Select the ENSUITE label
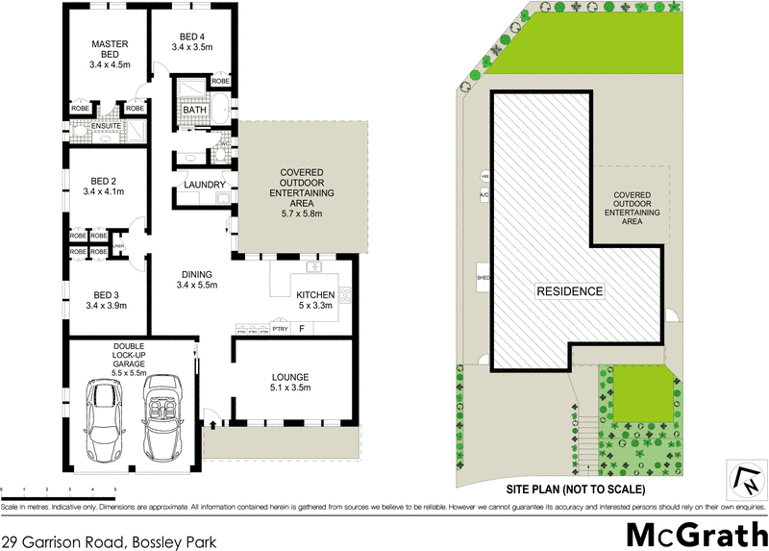105,125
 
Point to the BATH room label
194,111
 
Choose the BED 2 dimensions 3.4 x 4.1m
105,192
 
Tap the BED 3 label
105,294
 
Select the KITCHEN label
314,294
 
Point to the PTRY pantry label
280,329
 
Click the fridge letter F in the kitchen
302,329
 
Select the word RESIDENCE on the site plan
569,291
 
